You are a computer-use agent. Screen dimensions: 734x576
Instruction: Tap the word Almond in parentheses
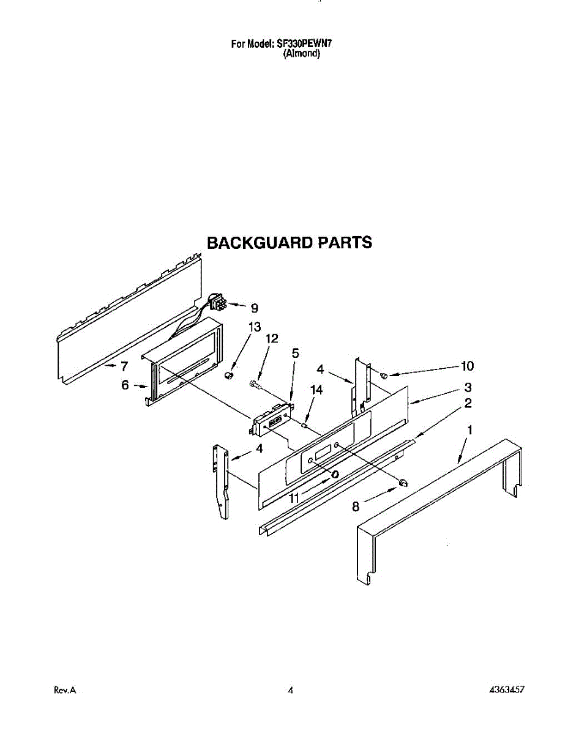pyautogui.click(x=302, y=54)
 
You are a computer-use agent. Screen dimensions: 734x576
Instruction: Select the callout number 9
pyautogui.click(x=255, y=308)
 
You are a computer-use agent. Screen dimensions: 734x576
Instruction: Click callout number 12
pyautogui.click(x=271, y=338)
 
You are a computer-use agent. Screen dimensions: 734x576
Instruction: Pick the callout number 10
pyautogui.click(x=467, y=366)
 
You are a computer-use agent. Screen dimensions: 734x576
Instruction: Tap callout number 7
pyautogui.click(x=124, y=367)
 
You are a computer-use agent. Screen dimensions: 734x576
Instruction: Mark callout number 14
pyautogui.click(x=316, y=390)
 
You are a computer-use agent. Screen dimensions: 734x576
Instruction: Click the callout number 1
pyautogui.click(x=469, y=431)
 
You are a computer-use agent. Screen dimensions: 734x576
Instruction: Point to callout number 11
pyautogui.click(x=294, y=499)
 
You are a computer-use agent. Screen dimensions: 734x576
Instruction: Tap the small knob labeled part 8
pyautogui.click(x=403, y=484)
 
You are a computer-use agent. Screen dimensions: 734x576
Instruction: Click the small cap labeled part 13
pyautogui.click(x=231, y=374)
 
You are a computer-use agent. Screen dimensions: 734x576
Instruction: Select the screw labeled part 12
pyautogui.click(x=256, y=385)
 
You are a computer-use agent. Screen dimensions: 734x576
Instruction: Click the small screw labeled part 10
pyautogui.click(x=384, y=375)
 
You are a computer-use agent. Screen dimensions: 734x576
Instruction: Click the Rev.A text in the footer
pyautogui.click(x=65, y=690)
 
